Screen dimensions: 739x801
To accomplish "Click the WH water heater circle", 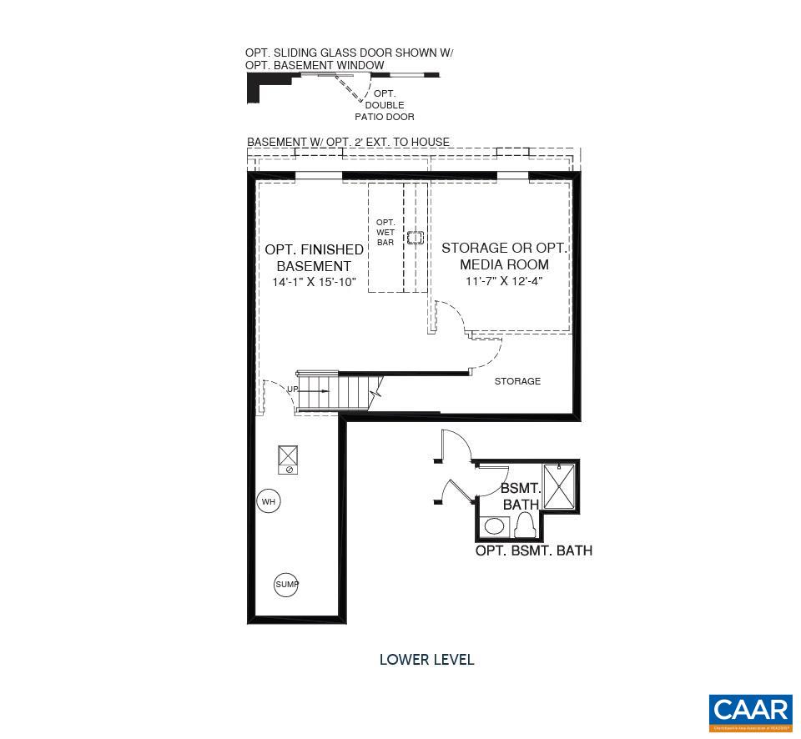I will pos(268,501).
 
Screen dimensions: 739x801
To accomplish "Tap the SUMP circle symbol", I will pos(286,585).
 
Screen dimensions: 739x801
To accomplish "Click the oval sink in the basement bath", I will pos(496,526).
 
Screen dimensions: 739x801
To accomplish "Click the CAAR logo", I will pos(751,711).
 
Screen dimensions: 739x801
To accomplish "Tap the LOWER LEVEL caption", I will pos(426,660).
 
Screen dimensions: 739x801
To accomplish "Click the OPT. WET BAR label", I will pos(385,232).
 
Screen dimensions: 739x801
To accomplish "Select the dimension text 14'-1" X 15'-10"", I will pos(314,283).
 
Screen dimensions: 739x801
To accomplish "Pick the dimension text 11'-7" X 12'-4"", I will pos(504,281).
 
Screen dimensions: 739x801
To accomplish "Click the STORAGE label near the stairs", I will pos(517,381).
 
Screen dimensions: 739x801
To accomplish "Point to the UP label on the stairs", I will pos(293,389).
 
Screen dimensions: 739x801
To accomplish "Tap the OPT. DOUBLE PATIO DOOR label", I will pos(385,105).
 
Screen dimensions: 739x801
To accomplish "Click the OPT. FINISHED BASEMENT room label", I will pos(314,258).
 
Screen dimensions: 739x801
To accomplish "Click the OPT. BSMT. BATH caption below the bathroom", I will pos(534,550).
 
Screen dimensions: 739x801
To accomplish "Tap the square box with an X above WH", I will pos(289,455).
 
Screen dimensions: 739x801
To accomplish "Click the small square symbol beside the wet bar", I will pos(416,238).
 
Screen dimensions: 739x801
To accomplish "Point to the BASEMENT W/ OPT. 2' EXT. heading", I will pos(348,142).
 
